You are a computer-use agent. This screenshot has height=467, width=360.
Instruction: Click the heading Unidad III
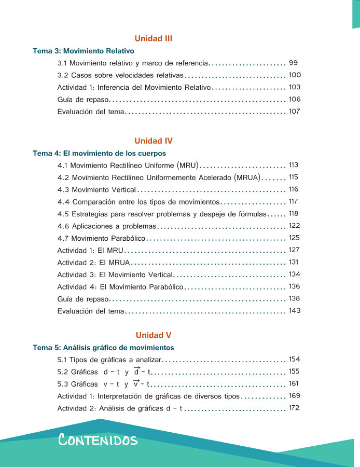tap(153, 38)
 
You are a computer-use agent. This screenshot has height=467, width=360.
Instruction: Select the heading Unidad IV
tap(153, 141)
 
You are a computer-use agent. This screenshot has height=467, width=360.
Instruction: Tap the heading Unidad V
tap(153, 335)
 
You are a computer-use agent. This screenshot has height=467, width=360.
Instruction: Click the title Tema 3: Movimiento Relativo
tap(84, 51)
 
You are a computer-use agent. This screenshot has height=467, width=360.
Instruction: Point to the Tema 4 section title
tap(99, 154)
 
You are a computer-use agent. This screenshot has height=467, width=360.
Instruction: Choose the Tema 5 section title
tap(103, 348)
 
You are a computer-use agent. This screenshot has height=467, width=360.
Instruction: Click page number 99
tap(293, 63)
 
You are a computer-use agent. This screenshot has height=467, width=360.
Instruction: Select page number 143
tap(294, 311)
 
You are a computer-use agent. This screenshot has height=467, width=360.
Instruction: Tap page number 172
tap(294, 408)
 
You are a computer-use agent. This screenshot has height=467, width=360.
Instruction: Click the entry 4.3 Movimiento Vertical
tap(96, 189)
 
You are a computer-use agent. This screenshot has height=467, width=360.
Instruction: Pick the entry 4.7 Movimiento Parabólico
tap(101, 238)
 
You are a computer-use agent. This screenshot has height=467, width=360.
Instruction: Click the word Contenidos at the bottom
tap(98, 441)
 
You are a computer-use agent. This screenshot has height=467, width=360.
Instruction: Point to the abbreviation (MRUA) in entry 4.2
tap(247, 177)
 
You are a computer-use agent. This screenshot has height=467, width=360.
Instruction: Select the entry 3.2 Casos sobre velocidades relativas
tap(120, 75)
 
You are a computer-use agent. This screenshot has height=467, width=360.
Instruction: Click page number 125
tap(294, 238)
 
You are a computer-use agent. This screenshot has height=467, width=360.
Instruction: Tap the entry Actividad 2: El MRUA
tap(93, 262)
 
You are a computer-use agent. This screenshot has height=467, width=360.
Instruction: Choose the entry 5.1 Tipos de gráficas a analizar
tap(110, 360)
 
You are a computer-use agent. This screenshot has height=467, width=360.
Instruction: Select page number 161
tap(294, 383)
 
